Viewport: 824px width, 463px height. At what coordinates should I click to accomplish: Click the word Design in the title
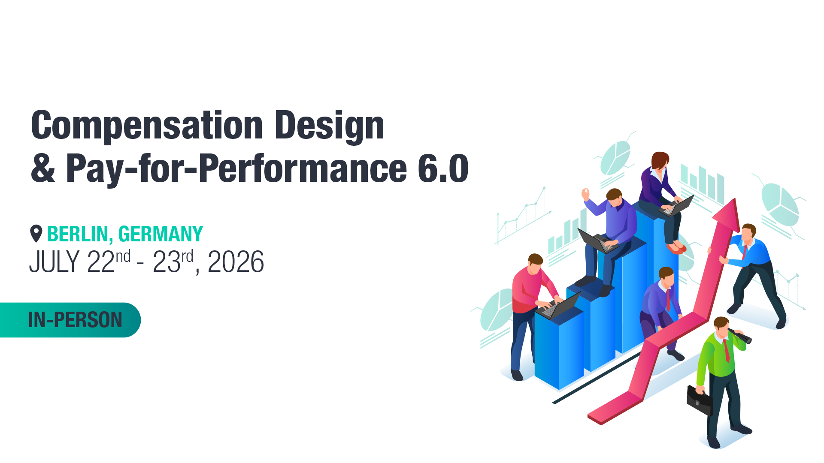coord(329,126)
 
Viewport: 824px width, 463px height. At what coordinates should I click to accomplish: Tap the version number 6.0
coord(443,168)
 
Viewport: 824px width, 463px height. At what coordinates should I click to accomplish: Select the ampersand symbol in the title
coord(43,168)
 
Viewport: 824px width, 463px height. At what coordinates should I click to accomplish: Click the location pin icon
coord(36,234)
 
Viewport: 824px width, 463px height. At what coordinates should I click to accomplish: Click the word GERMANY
coord(161,234)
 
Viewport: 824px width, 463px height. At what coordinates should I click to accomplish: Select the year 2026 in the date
coord(236,262)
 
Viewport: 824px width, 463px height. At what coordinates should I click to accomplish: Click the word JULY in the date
coord(55,262)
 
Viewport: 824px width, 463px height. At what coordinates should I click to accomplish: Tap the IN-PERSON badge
coord(75,320)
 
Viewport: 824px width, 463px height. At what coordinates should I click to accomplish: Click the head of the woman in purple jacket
coord(660,161)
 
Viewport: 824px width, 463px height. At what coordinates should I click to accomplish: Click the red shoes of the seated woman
coord(676,248)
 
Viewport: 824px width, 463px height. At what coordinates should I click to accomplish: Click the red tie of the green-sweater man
coord(726,350)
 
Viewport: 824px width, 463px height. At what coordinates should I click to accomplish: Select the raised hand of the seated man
coord(585,194)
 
